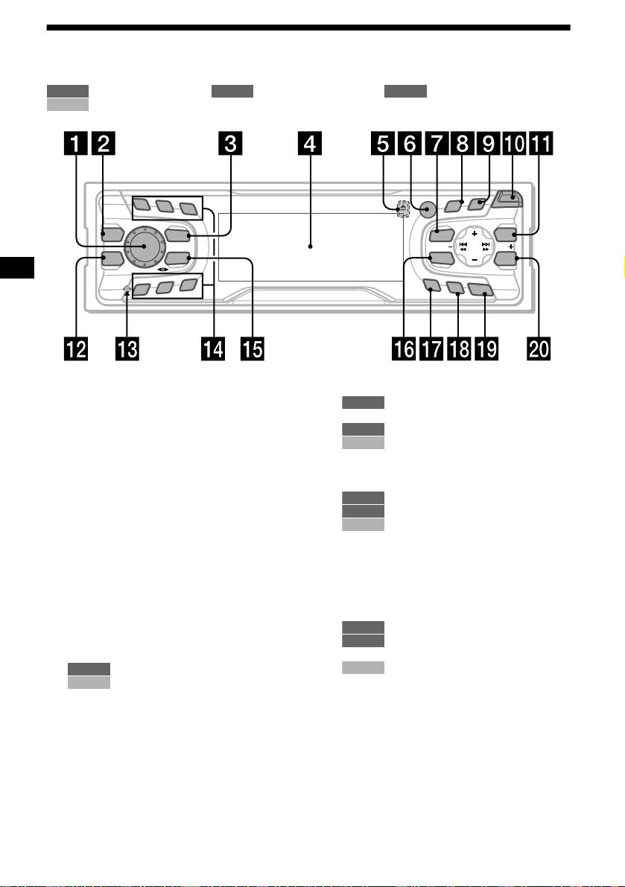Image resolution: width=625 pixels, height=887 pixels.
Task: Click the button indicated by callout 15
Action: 176,258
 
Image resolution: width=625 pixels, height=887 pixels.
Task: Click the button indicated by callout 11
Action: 506,235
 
